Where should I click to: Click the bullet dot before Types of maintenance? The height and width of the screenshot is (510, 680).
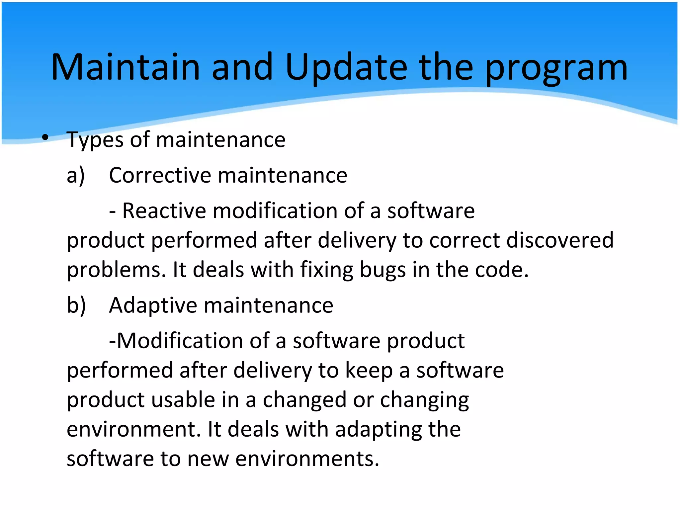click(x=45, y=137)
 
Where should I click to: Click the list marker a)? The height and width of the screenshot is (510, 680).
click(x=76, y=175)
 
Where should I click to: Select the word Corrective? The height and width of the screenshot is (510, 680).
click(x=160, y=175)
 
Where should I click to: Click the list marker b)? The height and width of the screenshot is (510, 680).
click(x=76, y=305)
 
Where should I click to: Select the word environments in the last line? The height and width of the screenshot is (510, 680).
click(x=307, y=459)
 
